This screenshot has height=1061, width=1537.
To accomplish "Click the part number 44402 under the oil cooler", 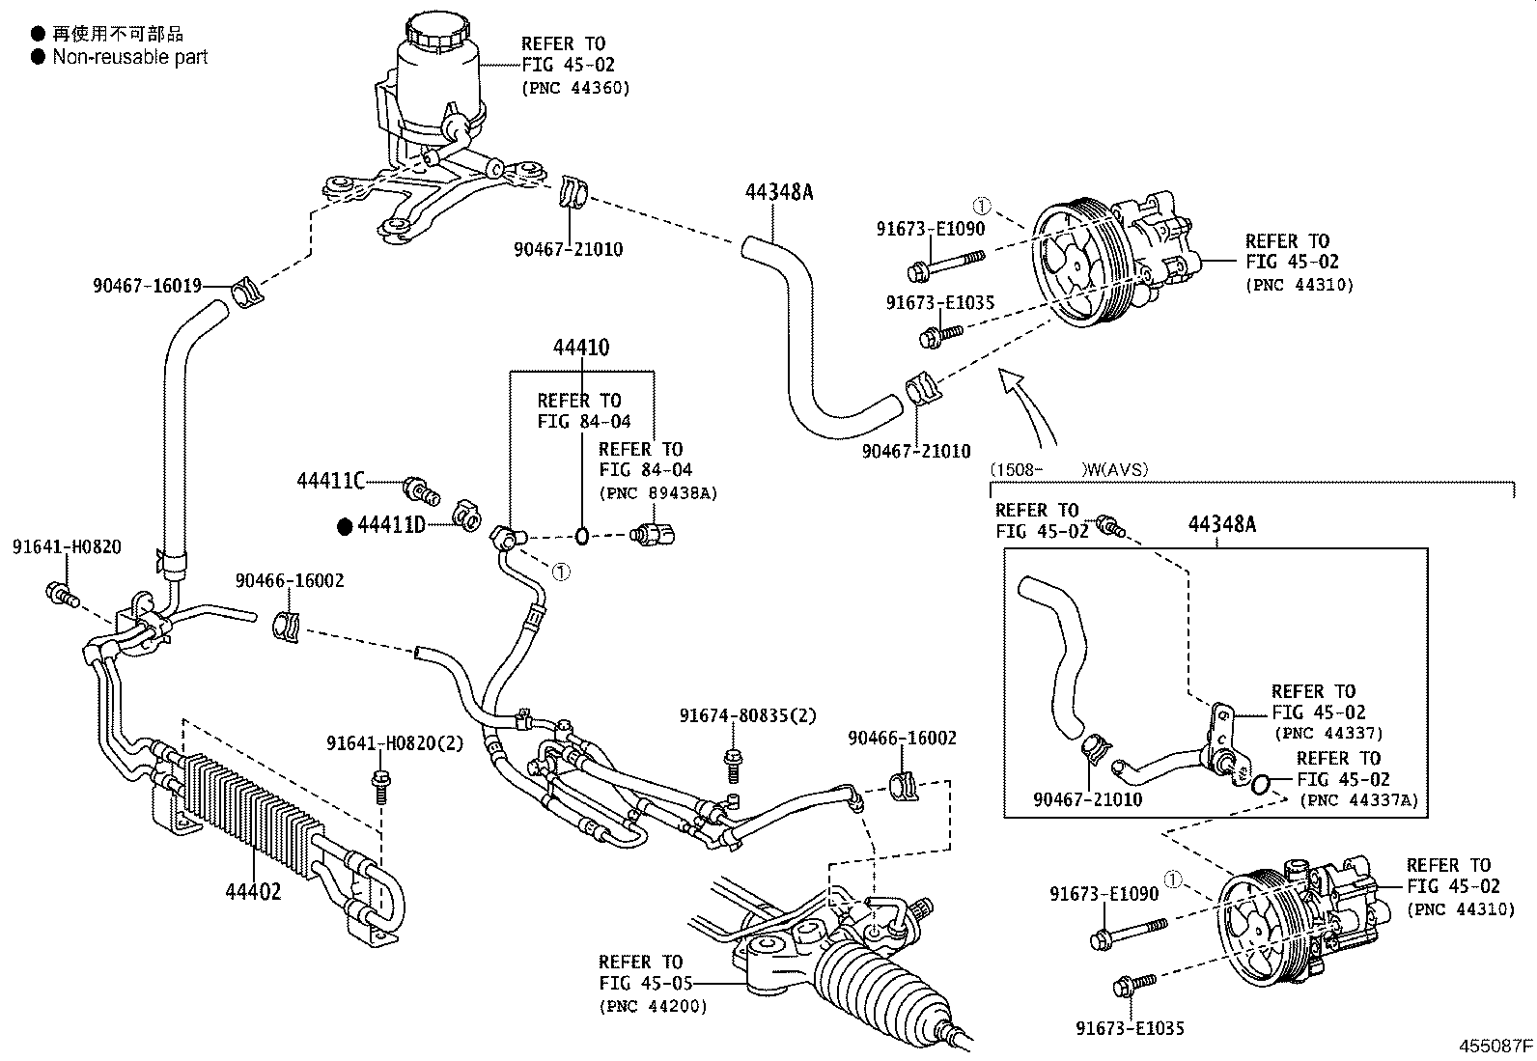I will pos(253,891).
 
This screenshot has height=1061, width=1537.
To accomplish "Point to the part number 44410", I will pos(581,348).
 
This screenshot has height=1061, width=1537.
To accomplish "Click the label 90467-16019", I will pos(147,285).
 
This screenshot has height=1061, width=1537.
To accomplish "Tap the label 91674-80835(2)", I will pos(747,715).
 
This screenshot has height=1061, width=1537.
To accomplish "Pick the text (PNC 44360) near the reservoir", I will pos(575,88).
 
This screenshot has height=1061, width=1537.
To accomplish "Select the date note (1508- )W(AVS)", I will pos(1069,470).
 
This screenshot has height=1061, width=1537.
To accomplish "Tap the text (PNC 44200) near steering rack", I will pos(653,1006).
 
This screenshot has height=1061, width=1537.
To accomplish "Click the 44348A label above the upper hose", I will pos(779,192).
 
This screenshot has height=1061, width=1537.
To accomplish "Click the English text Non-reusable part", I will pos(129,57).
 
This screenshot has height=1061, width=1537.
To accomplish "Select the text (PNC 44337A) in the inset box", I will pos(1358,799).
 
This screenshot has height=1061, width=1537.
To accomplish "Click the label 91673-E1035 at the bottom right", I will pos(1130,1029).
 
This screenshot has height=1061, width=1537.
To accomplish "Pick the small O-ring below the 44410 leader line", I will pos(582,535).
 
